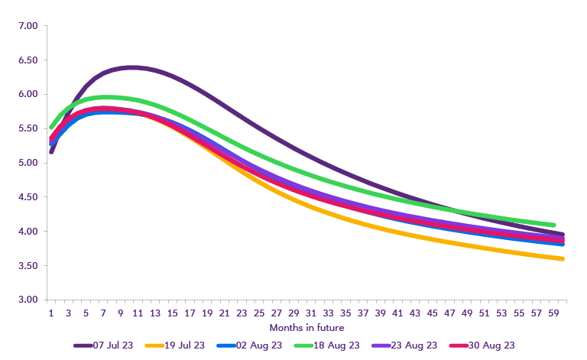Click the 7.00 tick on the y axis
tap(28, 26)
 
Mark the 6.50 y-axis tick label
tap(28, 60)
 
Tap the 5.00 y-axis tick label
tap(28, 163)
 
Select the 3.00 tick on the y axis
tap(28, 300)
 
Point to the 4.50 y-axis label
tap(28, 197)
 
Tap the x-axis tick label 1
tap(51, 313)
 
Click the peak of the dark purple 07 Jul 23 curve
tap(132, 67)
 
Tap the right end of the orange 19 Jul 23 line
tap(563, 258)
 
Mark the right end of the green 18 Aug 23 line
tap(553, 225)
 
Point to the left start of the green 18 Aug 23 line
tap(51, 127)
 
